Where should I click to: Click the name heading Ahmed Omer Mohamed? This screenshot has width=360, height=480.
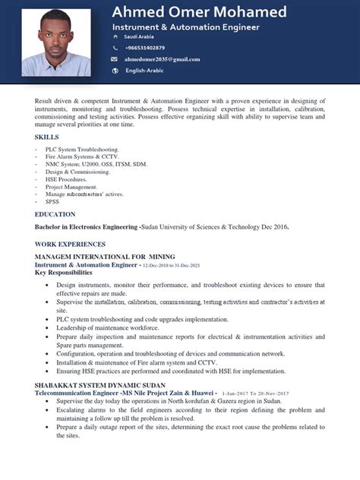[x=199, y=12]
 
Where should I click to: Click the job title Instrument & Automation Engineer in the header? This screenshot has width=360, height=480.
[x=185, y=27]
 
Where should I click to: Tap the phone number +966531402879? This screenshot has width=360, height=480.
[x=144, y=48]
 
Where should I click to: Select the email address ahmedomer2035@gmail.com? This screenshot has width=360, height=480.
[x=163, y=59]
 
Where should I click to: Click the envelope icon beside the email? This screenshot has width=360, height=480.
[x=114, y=59]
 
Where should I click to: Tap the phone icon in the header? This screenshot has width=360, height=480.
[x=114, y=48]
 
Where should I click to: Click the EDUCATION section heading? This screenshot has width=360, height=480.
[x=55, y=214]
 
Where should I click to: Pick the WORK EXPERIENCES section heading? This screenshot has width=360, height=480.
[x=70, y=244]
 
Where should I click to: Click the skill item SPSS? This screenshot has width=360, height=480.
[x=52, y=202]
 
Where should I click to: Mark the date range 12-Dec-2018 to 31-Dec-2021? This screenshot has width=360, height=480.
[x=171, y=265]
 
